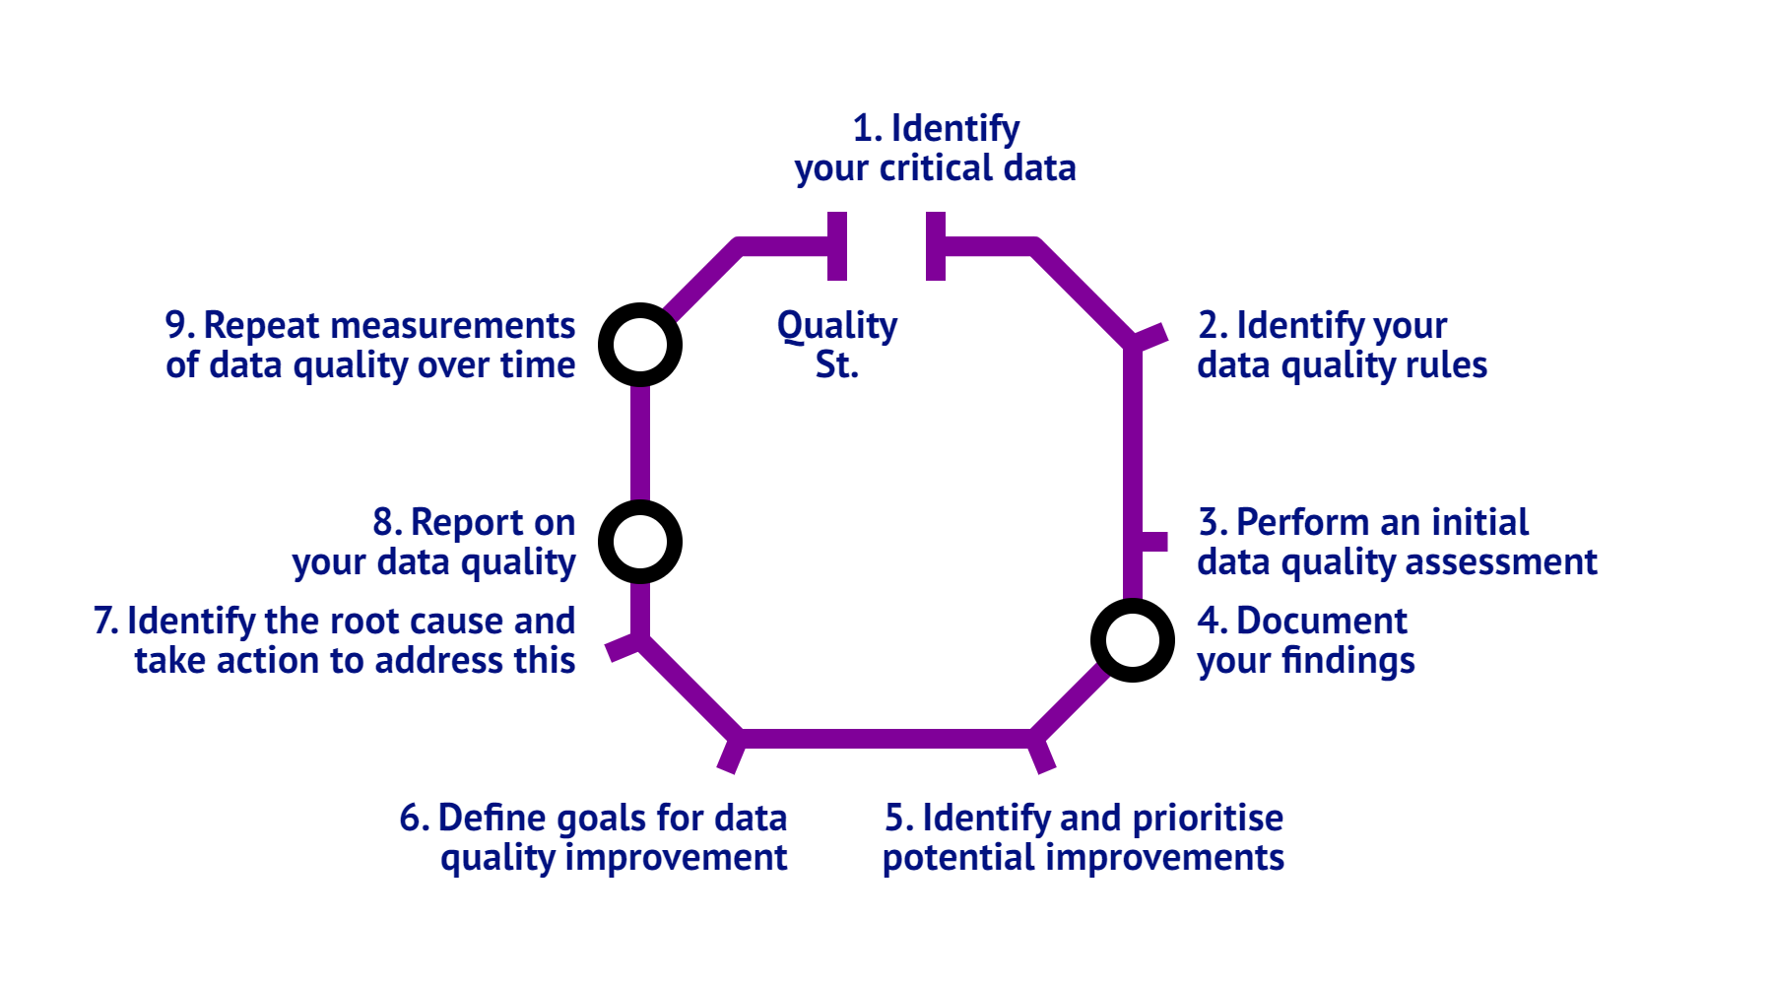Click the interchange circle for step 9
pos(640,345)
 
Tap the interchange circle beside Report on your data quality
pos(640,542)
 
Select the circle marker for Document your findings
pos(1133,640)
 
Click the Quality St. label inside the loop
pos(837,345)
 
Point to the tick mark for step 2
pos(1149,336)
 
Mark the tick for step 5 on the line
pos(1042,755)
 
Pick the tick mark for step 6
pos(731,755)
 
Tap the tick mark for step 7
pos(624,648)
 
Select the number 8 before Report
pos(384,523)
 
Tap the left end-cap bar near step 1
pos(837,246)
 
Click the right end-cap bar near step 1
pos(936,246)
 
